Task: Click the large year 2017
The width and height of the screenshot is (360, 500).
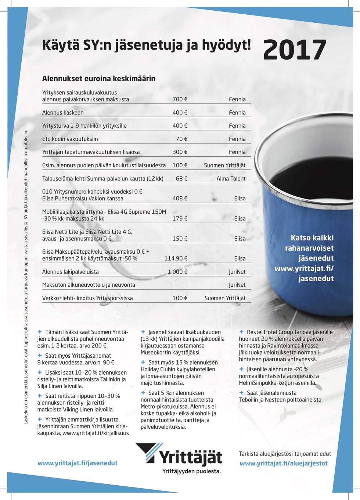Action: (x=295, y=50)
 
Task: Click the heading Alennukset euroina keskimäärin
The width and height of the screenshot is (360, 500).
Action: (x=99, y=78)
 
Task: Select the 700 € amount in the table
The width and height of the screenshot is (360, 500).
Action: (x=180, y=99)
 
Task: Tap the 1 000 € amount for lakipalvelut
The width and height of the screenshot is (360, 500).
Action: (x=177, y=272)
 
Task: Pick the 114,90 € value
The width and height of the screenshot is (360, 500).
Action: (x=176, y=258)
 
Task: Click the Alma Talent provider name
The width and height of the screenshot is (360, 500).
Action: (x=231, y=179)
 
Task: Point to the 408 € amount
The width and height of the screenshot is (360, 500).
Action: (x=180, y=199)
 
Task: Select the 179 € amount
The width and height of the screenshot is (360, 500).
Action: (x=180, y=218)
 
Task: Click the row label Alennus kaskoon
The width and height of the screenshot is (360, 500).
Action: (x=63, y=113)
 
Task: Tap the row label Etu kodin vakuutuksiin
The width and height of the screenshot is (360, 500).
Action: (x=70, y=139)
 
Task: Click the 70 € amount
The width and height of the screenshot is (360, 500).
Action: (x=181, y=139)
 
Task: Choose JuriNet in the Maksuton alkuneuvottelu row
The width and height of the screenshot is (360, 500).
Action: (x=237, y=285)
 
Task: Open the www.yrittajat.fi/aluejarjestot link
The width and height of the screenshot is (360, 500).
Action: (x=284, y=463)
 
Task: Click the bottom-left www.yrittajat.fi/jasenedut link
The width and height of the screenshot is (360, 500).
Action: (x=78, y=463)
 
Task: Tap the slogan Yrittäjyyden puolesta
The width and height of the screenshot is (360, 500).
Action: (x=192, y=471)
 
